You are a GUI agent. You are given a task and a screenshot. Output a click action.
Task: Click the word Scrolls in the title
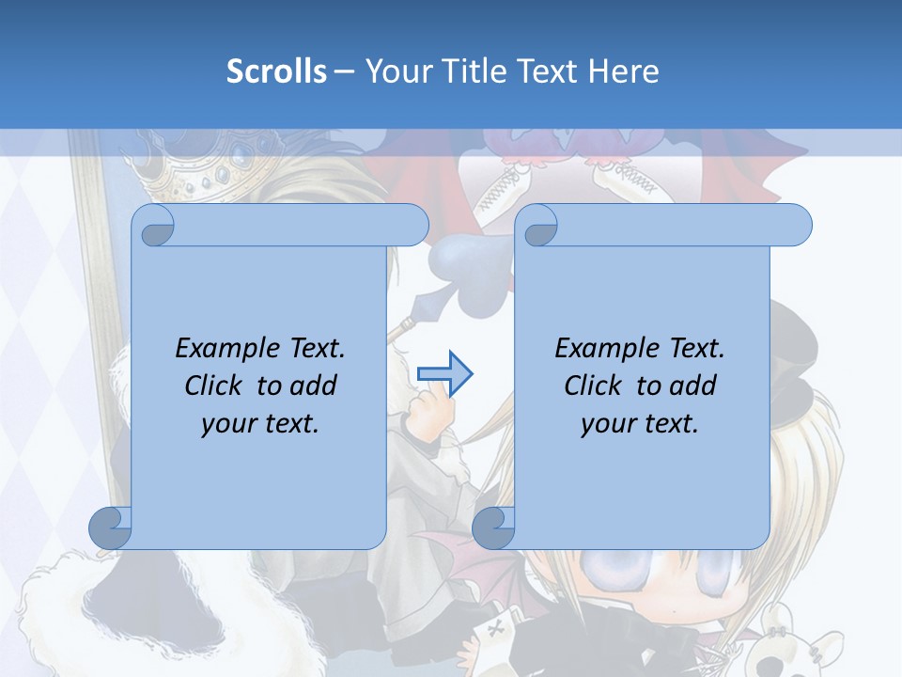coord(276,71)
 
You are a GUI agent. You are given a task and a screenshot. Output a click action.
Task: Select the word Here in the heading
coord(623,71)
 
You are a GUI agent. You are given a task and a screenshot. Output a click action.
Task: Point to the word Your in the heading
coord(397,71)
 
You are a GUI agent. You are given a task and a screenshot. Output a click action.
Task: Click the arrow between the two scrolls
coord(444,373)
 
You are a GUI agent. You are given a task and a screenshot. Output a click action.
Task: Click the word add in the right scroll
coord(692,386)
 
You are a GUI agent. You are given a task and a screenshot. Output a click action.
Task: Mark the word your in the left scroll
coord(227,424)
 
